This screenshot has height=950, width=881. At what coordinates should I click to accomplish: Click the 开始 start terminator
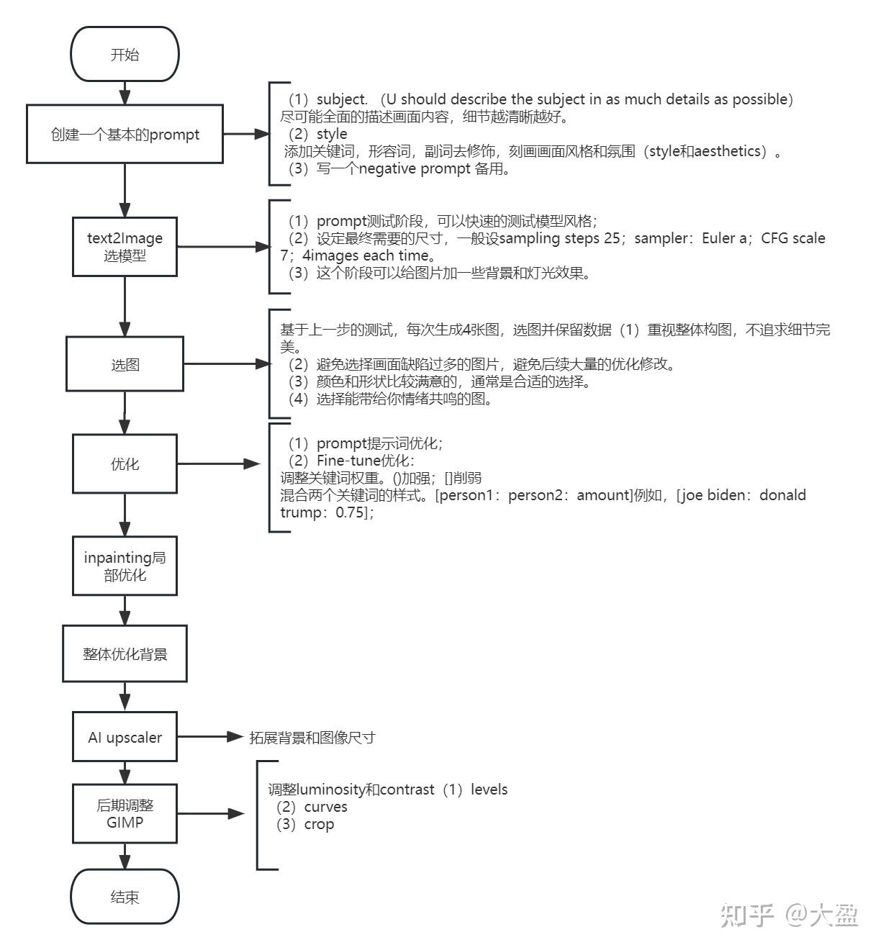pyautogui.click(x=125, y=55)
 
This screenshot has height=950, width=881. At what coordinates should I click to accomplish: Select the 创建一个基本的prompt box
pyautogui.click(x=125, y=134)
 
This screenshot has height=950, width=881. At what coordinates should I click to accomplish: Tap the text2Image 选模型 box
pyautogui.click(x=125, y=246)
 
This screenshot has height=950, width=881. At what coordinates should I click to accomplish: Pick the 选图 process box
pyautogui.click(x=125, y=365)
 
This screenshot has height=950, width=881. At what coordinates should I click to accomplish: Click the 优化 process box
pyautogui.click(x=125, y=464)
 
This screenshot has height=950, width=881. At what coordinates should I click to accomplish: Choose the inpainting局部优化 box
pyautogui.click(x=125, y=566)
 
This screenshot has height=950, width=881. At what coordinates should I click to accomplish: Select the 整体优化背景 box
pyautogui.click(x=125, y=654)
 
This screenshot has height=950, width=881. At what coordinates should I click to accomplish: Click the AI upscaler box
pyautogui.click(x=125, y=737)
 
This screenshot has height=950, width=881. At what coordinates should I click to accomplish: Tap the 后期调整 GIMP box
pyautogui.click(x=125, y=813)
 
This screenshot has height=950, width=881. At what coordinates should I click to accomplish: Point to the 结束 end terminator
pyautogui.click(x=125, y=897)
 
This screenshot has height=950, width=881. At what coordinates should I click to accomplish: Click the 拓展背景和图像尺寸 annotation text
pyautogui.click(x=312, y=738)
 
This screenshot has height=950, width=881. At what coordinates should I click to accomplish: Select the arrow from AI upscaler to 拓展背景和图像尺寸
pyautogui.click(x=209, y=737)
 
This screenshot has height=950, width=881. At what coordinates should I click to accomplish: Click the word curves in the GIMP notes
pyautogui.click(x=325, y=807)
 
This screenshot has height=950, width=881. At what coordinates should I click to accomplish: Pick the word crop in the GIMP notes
pyautogui.click(x=319, y=824)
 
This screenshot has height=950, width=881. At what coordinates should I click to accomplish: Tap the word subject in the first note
pyautogui.click(x=341, y=99)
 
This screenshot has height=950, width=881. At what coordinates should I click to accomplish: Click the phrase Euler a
pyautogui.click(x=723, y=238)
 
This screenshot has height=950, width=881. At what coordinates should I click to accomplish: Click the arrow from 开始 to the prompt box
pyautogui.click(x=125, y=92)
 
